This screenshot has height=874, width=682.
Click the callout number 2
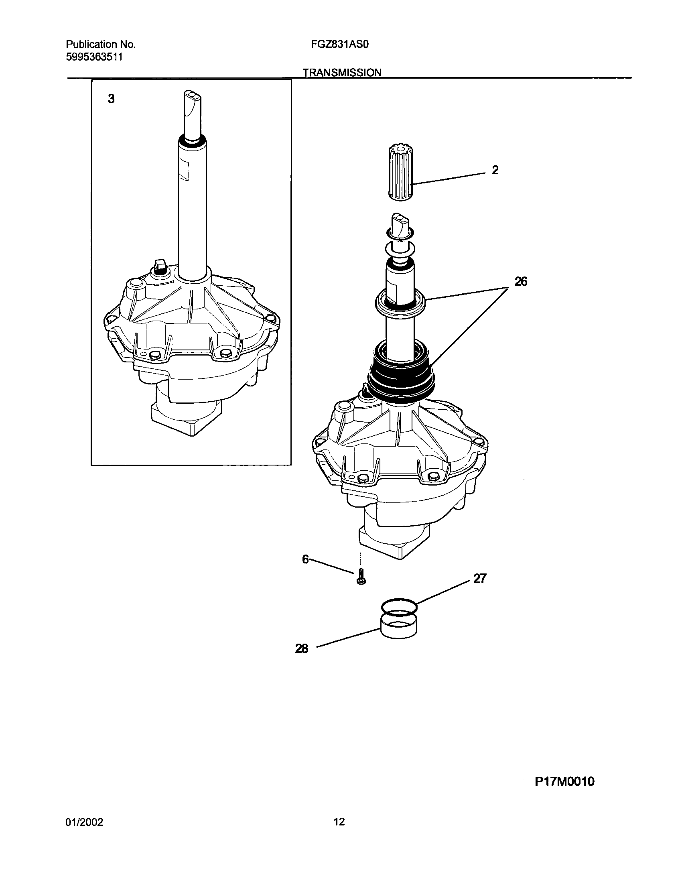coord(495,170)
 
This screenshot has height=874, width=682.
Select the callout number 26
coord(521,282)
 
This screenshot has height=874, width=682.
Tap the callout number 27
coord(479,579)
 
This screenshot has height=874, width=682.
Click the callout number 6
coord(305,559)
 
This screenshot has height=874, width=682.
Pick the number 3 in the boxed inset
coord(111,99)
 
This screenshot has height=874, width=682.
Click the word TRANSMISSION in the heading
coord(342,73)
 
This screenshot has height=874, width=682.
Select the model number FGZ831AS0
coord(337,45)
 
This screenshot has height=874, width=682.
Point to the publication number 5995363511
coord(94,57)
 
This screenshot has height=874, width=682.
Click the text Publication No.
coord(100,45)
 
